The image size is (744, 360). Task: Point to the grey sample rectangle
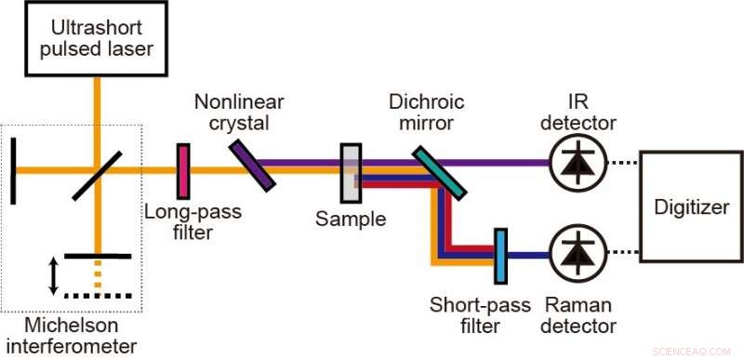[x=351, y=173]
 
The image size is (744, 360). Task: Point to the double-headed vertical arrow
[x=53, y=274]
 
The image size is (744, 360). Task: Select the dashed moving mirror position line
[x=98, y=296]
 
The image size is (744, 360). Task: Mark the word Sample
[x=350, y=220]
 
